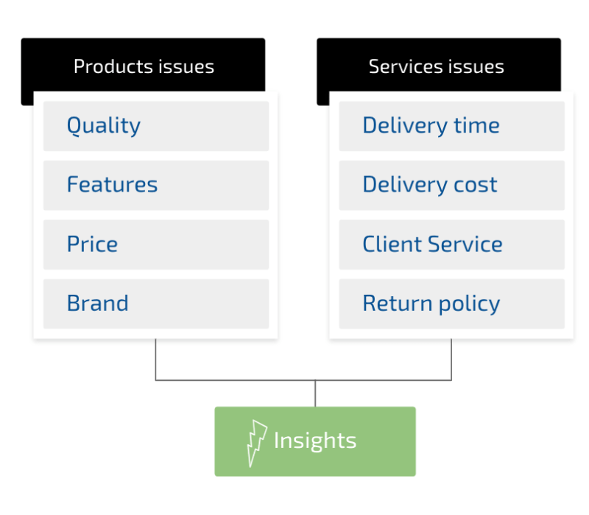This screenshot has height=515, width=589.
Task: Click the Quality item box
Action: (x=156, y=126)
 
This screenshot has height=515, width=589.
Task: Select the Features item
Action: (x=156, y=186)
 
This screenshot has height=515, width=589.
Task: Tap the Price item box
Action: (x=156, y=245)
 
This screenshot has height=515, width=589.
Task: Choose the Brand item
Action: (x=156, y=304)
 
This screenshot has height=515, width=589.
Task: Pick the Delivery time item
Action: (x=451, y=126)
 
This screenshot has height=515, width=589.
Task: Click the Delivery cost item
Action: (x=451, y=186)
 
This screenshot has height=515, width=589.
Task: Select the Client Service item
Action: (x=451, y=245)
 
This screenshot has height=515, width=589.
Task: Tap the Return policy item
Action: (x=451, y=304)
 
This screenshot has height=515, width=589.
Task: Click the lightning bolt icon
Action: (x=256, y=443)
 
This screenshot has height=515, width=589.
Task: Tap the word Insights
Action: (x=315, y=441)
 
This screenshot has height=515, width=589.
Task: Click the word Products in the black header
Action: (x=113, y=66)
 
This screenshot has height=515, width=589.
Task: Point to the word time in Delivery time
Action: (x=476, y=125)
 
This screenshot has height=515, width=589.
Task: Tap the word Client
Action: (x=392, y=244)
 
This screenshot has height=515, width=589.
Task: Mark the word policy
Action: (x=469, y=304)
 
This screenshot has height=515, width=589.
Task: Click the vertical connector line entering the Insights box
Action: (x=315, y=393)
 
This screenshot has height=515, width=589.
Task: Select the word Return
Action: (x=398, y=304)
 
